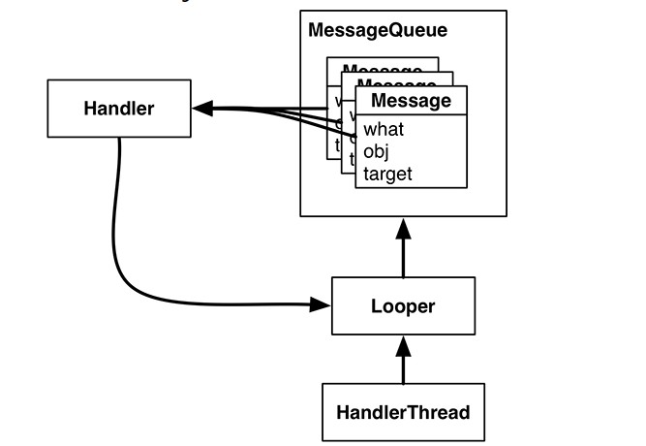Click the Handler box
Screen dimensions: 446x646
(117, 108)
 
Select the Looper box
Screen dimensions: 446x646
(403, 306)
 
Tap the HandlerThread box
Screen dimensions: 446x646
(403, 412)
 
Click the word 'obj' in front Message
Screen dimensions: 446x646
(375, 152)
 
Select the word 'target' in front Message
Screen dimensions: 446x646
(387, 175)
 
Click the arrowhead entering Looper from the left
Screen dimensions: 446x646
(322, 305)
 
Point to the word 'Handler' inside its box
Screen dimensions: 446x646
(117, 108)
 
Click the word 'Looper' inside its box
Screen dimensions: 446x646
(403, 306)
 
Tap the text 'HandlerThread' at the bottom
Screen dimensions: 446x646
(403, 412)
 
